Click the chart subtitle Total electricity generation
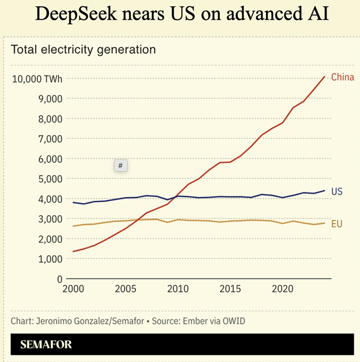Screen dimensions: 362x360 click(83, 50)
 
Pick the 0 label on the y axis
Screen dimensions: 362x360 click(59, 279)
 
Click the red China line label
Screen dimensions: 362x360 click(343, 77)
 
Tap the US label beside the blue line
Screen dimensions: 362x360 click(337, 191)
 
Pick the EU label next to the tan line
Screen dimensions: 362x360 click(337, 223)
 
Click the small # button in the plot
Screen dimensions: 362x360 click(120, 166)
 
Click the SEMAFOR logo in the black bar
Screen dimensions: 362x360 click(46, 345)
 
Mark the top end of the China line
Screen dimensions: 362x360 click(325, 76)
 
